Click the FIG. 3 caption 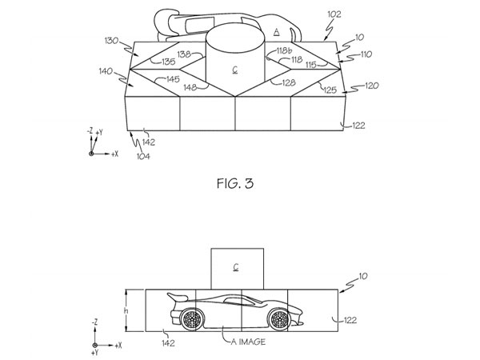tap(235, 183)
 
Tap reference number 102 tap(334, 14)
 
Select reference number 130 tap(111, 41)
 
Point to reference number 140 tap(106, 72)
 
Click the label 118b tap(284, 50)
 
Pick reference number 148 tap(190, 87)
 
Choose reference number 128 tap(289, 82)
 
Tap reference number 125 tap(330, 90)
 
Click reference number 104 tap(143, 157)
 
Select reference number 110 tap(366, 54)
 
